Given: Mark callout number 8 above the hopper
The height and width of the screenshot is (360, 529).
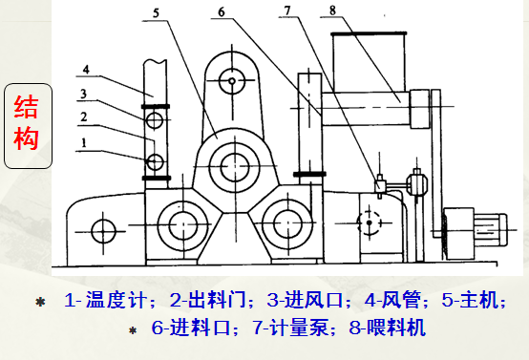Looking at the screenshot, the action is click(x=332, y=11).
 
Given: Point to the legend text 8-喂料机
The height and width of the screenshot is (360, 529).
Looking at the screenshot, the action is click(x=385, y=327).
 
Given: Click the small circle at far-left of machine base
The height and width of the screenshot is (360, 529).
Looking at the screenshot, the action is click(x=99, y=229).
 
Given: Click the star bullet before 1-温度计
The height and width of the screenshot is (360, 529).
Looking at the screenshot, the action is click(x=40, y=303).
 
